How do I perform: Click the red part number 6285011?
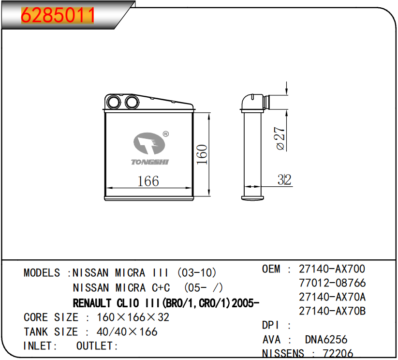pyautogui.click(x=58, y=15)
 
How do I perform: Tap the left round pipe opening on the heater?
pyautogui.click(x=114, y=102)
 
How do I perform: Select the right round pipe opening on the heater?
pyautogui.click(x=132, y=102)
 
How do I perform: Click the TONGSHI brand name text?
pyautogui.click(x=150, y=162)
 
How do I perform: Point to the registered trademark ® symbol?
pyautogui.click(x=165, y=134)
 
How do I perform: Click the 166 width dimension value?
pyautogui.click(x=148, y=181)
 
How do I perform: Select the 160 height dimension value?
pyautogui.click(x=202, y=154)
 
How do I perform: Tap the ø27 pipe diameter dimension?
pyautogui.click(x=280, y=138)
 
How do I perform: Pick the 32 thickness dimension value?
pyautogui.click(x=284, y=180)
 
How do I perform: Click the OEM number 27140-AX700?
pyautogui.click(x=332, y=269)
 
